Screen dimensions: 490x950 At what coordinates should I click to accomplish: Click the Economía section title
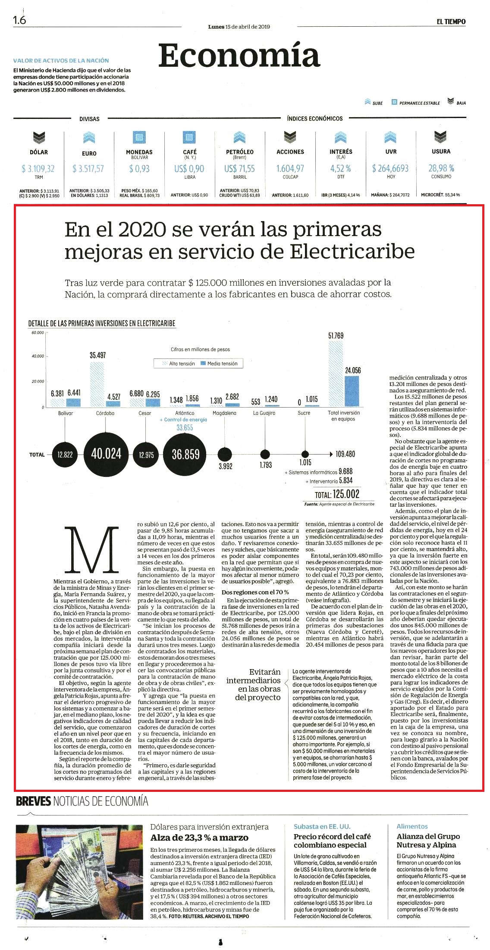[239, 56]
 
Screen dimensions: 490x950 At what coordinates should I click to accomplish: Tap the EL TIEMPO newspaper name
[451, 22]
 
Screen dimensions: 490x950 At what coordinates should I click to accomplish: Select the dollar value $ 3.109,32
[38, 168]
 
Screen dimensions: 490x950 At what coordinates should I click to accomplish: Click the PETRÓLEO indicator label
[240, 152]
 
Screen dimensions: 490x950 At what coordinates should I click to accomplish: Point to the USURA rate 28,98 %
[441, 168]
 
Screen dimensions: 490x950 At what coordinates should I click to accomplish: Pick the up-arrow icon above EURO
[89, 137]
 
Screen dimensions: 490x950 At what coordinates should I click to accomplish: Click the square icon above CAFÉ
[189, 137]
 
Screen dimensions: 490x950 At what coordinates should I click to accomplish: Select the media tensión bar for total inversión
[352, 391]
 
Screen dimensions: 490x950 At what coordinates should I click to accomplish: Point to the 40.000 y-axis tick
[38, 356]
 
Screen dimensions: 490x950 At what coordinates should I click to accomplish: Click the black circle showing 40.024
[106, 454]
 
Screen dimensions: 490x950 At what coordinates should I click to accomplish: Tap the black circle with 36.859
[185, 454]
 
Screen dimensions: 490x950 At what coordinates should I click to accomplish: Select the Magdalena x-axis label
[224, 413]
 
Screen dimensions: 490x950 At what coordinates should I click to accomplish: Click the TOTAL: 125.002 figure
[337, 494]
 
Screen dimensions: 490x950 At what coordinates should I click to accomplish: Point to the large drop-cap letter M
[92, 551]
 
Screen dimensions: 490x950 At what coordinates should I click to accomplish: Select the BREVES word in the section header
[33, 801]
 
